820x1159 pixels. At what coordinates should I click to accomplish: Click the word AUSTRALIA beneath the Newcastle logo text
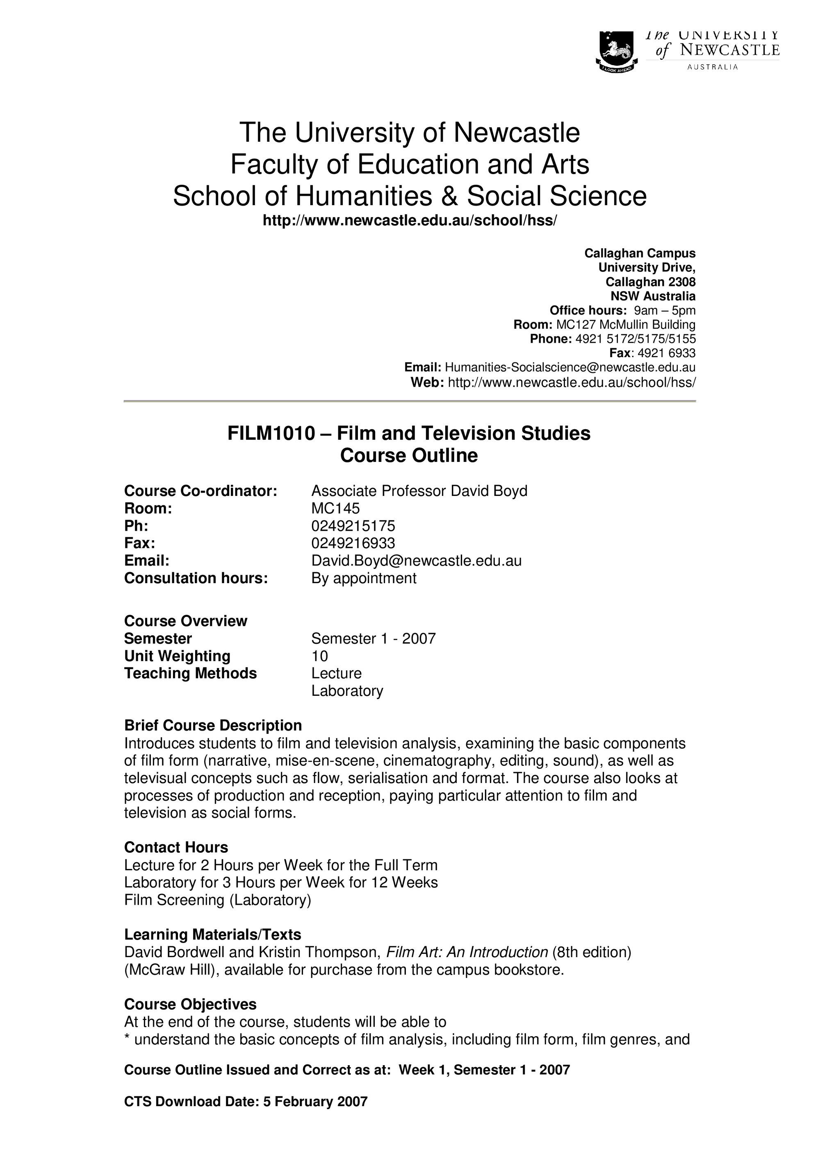pos(713,67)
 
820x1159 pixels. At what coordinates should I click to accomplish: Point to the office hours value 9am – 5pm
pos(664,310)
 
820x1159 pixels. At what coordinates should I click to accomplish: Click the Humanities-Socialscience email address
pos(570,367)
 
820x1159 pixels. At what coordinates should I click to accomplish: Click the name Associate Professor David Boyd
pos(419,491)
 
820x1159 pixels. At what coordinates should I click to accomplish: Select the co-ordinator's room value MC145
pos(335,508)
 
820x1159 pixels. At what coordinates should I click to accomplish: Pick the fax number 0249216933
pos(353,543)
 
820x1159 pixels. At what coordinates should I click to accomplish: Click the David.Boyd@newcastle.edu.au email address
pos(416,561)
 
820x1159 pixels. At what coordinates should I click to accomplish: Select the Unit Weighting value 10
pos(319,656)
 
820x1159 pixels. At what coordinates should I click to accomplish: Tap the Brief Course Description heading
pos(213,725)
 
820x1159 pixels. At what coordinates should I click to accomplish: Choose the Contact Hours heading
pos(176,847)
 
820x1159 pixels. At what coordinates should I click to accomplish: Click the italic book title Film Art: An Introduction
pos(467,952)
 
